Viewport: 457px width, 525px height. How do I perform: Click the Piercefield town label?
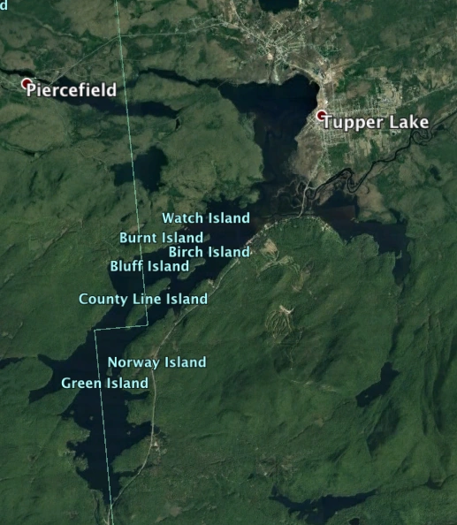pyautogui.click(x=72, y=90)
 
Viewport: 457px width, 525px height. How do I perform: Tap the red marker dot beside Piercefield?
pyautogui.click(x=27, y=84)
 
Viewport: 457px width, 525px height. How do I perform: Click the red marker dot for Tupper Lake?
pyautogui.click(x=322, y=116)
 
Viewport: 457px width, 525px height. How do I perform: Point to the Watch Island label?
pyautogui.click(x=206, y=217)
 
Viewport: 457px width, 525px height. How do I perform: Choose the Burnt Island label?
pyautogui.click(x=161, y=238)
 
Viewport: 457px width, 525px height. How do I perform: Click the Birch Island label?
pyautogui.click(x=209, y=252)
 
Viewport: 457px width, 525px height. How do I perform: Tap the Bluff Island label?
pyautogui.click(x=149, y=266)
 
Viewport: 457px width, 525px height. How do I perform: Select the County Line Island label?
pyautogui.click(x=143, y=299)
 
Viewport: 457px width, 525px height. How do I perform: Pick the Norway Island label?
pyautogui.click(x=156, y=361)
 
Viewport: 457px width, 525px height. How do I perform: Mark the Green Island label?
pyautogui.click(x=105, y=384)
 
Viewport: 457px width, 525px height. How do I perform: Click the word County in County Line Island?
pyautogui.click(x=102, y=299)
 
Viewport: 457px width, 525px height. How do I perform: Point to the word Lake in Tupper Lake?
pyautogui.click(x=407, y=122)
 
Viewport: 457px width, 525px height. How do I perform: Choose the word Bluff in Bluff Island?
pyautogui.click(x=126, y=266)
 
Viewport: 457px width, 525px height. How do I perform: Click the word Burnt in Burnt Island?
pyautogui.click(x=138, y=238)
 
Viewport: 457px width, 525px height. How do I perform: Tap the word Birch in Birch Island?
pyautogui.click(x=187, y=252)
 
